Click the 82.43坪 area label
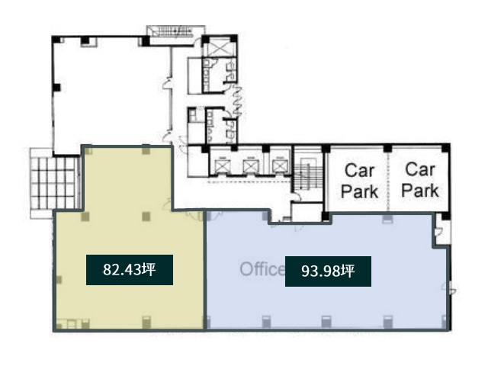coord(130,270)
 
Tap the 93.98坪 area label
coord(328,271)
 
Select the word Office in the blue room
coord(262,269)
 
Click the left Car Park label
coord(359,181)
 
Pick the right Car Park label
coord(420,180)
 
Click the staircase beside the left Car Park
coord(308,176)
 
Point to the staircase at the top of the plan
coord(176,31)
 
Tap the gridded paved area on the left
coord(53,183)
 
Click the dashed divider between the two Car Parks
coord(388,181)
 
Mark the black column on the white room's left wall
coord(56,88)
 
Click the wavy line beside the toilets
coord(237,101)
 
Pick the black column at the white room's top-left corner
coord(56,40)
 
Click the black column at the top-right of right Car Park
coord(445,148)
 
